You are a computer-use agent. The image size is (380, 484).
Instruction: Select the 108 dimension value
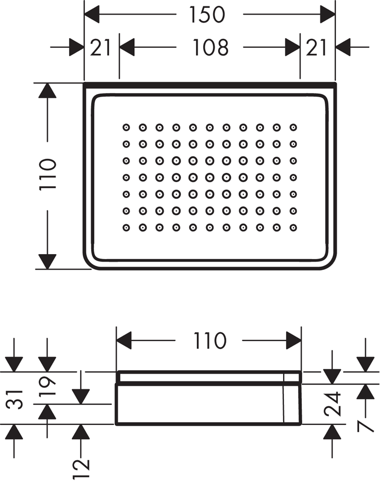[209, 47]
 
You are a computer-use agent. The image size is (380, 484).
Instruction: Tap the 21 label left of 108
[101, 47]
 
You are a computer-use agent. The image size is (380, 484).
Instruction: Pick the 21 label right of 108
[317, 47]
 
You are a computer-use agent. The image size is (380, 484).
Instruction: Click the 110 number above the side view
[209, 341]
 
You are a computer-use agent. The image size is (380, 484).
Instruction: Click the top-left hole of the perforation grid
[126, 127]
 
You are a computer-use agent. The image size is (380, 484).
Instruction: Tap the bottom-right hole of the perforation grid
[293, 227]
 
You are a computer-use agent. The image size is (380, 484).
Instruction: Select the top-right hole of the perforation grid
[293, 127]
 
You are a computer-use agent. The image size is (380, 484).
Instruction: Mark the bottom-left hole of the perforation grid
[126, 227]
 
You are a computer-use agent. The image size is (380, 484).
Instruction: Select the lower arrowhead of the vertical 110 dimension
[47, 261]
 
